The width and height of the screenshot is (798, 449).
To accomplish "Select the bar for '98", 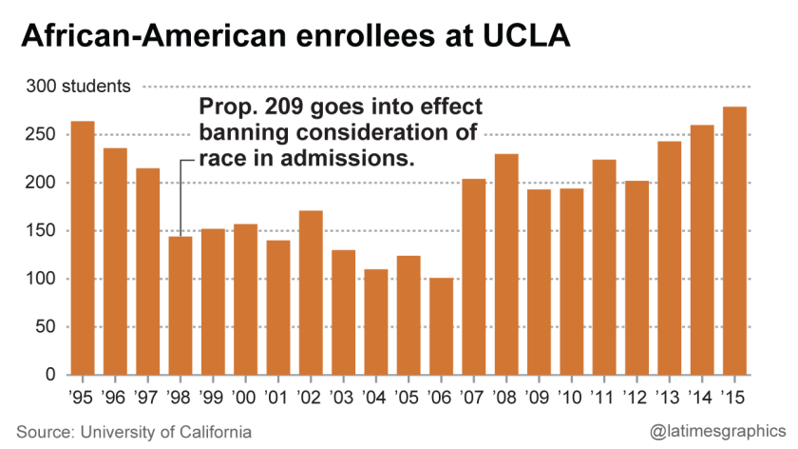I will pyautogui.click(x=180, y=305).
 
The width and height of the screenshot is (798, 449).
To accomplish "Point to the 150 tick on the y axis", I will pyautogui.click(x=44, y=231).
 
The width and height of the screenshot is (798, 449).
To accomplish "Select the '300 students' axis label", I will pyautogui.click(x=78, y=87).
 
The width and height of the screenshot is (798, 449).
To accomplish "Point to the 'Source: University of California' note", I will pyautogui.click(x=134, y=432).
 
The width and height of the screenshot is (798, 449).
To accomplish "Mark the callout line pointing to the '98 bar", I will pyautogui.click(x=180, y=195).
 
